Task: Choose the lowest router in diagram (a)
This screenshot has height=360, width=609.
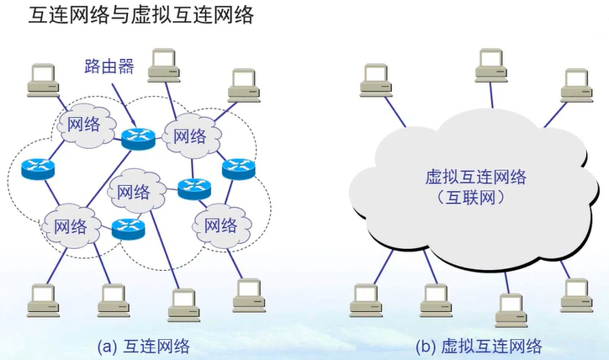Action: (x=128, y=226)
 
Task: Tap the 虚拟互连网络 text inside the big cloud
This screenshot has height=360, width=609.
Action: (x=476, y=177)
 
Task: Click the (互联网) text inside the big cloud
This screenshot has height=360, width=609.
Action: (x=476, y=199)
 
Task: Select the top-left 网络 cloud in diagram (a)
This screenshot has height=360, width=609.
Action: (x=82, y=126)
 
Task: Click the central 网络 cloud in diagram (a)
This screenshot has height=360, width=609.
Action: (x=136, y=191)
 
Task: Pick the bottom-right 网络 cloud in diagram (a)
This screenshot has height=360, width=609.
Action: (x=220, y=225)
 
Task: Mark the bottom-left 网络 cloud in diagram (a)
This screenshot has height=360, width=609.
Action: (x=70, y=225)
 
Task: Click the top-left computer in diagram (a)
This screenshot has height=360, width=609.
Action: (x=42, y=77)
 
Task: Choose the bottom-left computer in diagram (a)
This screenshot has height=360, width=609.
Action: (x=43, y=300)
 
